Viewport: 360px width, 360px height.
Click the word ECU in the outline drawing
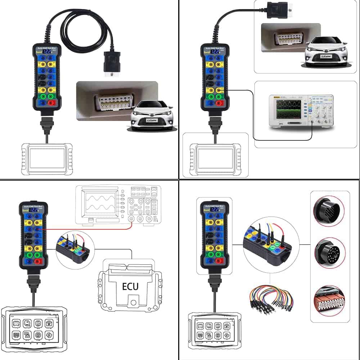pos(131,287)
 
